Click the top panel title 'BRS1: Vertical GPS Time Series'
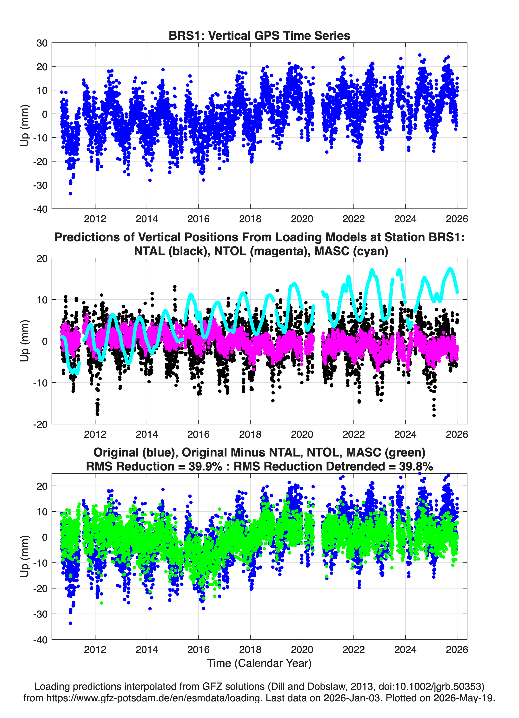(x=259, y=35)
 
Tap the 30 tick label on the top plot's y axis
(x=42, y=43)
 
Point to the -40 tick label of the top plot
(x=40, y=209)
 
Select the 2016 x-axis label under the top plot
(x=198, y=219)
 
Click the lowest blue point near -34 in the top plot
(x=70, y=193)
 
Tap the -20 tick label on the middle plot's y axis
(x=40, y=424)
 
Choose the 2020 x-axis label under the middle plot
(x=302, y=434)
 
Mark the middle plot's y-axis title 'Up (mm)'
(x=25, y=341)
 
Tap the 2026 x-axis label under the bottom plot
(x=457, y=649)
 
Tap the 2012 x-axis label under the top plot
(x=95, y=219)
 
